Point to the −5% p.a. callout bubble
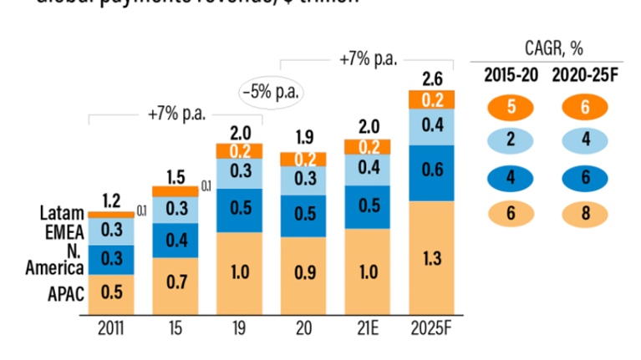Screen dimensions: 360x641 coord(271,89)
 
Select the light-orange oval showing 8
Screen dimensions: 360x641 coord(584,213)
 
